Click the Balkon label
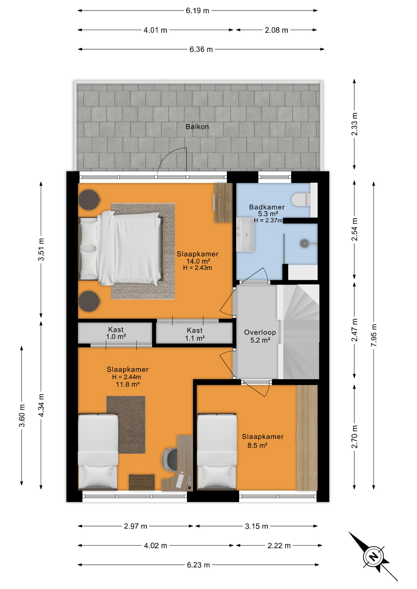tap(197, 126)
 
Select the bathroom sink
tap(245, 235)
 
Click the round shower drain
tap(304, 244)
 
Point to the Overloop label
tap(260, 332)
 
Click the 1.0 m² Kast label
tap(116, 333)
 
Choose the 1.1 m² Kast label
tap(195, 334)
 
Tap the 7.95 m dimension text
tap(374, 335)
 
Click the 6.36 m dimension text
tap(201, 49)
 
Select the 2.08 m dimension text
tap(276, 30)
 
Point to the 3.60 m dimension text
tap(22, 416)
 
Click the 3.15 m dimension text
tap(256, 526)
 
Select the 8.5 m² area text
tap(257, 445)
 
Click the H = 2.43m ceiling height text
tap(197, 268)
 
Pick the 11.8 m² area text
tap(128, 384)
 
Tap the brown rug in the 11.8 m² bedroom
tap(126, 425)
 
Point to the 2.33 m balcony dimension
tap(354, 124)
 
